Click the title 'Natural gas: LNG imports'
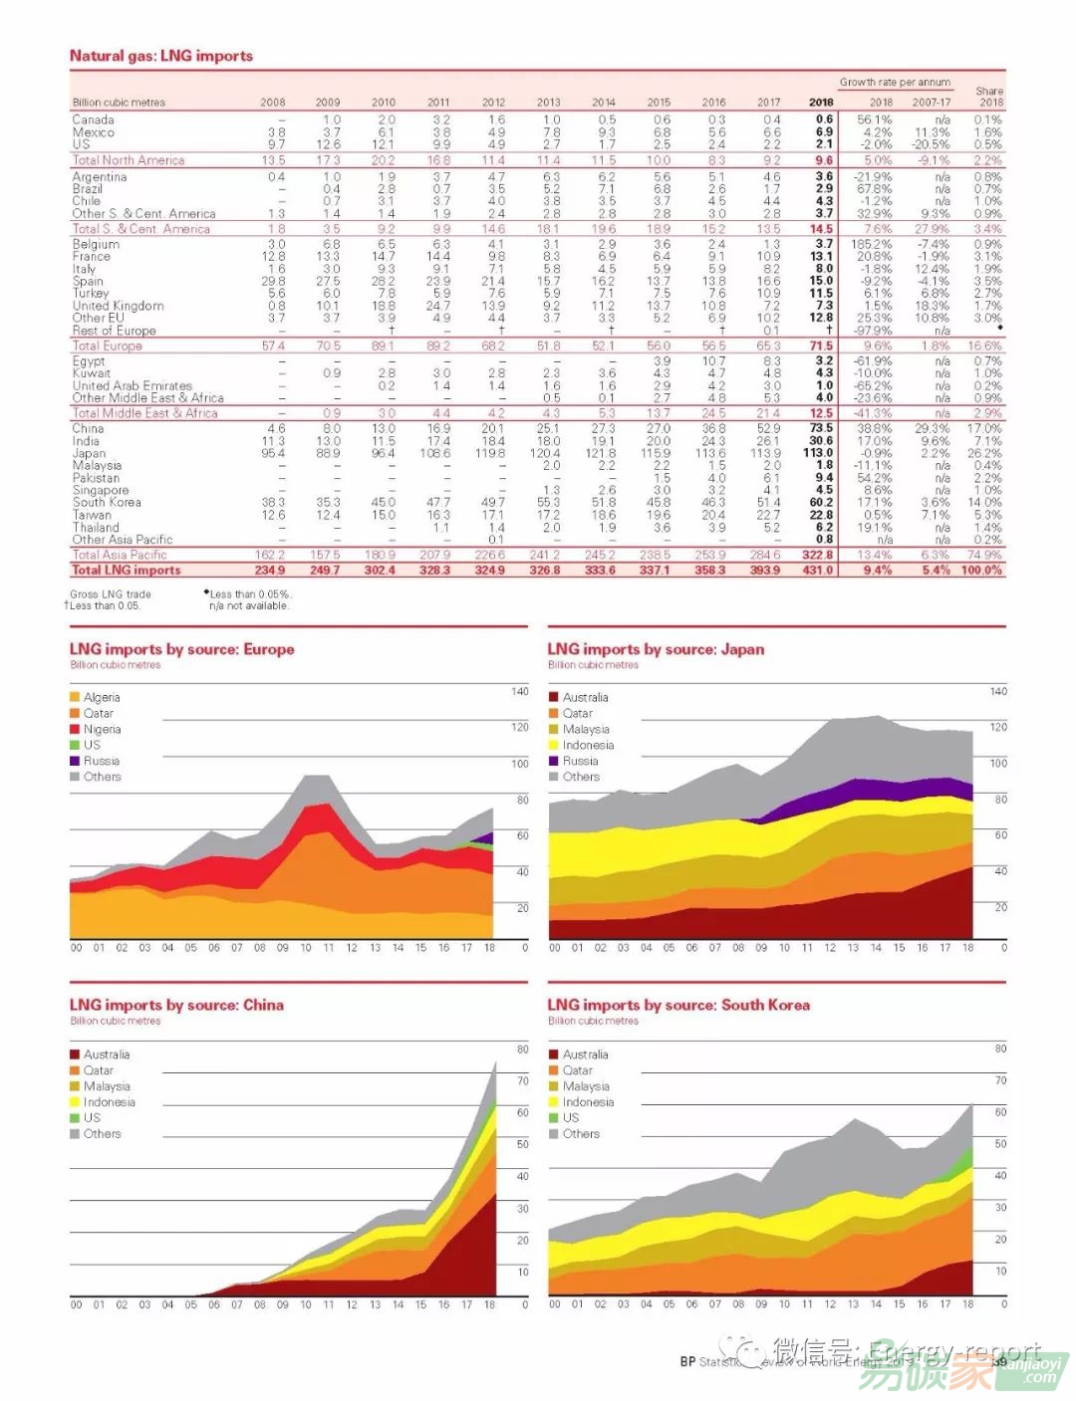pos(160,56)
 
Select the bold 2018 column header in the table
pos(821,102)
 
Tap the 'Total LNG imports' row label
pos(127,571)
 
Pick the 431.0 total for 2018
pos(819,571)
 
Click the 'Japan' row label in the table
pos(89,453)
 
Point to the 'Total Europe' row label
pos(107,346)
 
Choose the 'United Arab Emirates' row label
pos(132,385)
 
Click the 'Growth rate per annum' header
pos(895,83)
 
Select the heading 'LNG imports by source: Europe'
pos(181,649)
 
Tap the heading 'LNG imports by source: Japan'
pos(656,649)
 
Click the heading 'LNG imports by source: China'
pos(176,1006)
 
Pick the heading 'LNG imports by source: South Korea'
pos(678,1006)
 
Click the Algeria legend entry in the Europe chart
pos(101,697)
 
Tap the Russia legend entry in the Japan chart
pos(580,761)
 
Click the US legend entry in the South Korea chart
pos(570,1118)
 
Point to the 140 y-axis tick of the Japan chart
pos(998,691)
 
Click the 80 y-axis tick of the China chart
pos(522,1050)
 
